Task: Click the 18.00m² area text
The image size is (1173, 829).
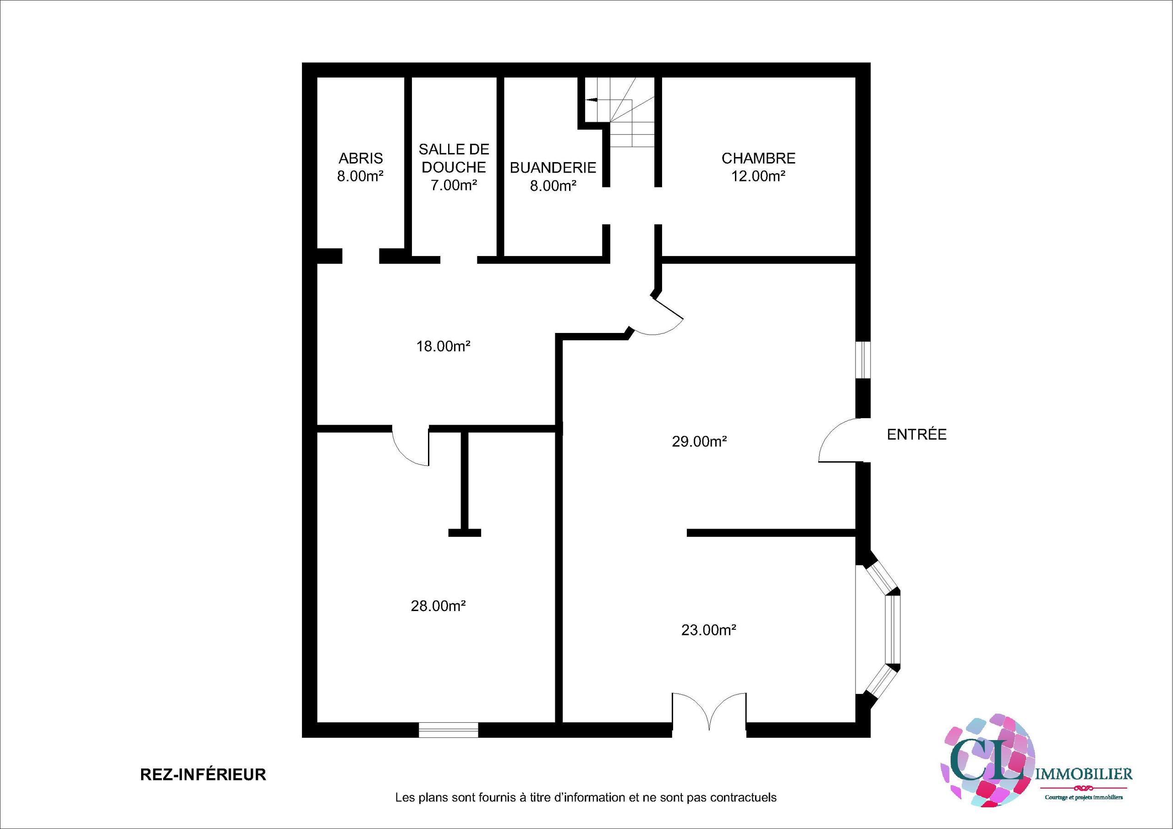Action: coord(443,346)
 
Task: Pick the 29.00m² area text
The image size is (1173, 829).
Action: coord(699,442)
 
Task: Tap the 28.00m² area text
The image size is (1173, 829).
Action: coord(438,606)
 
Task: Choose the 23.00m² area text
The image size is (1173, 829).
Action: coord(708,630)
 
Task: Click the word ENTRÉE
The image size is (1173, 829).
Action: coord(916,434)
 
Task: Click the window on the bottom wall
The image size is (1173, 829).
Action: coord(449,730)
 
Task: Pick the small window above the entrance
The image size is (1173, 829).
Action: coord(863,360)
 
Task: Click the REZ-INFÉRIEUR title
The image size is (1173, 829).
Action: coord(203,774)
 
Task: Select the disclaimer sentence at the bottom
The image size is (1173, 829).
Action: coord(586,797)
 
